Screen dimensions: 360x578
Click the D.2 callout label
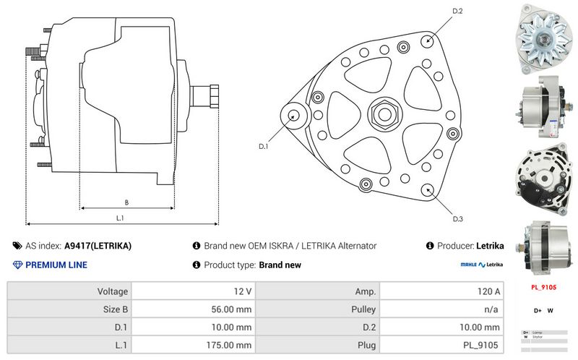click(457, 11)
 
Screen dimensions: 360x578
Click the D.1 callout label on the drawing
click(264, 147)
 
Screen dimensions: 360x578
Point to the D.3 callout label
click(457, 219)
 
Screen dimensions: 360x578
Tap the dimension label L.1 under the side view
click(121, 218)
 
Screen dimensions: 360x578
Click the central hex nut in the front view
click(380, 113)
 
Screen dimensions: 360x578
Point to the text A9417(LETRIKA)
click(98, 246)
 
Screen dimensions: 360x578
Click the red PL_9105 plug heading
click(543, 288)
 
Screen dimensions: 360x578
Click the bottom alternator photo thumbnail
click(543, 247)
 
